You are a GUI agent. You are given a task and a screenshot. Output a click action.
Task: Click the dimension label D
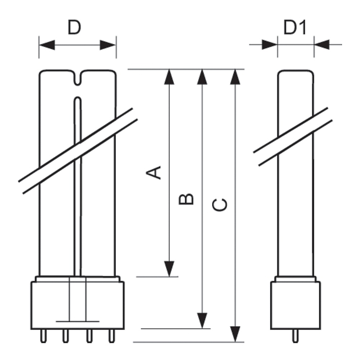(74, 28)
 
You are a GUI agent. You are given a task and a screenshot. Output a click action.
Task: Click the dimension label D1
(295, 28)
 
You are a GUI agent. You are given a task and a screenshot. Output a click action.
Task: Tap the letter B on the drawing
(186, 199)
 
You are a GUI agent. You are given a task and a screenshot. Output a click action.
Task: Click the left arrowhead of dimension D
(47, 45)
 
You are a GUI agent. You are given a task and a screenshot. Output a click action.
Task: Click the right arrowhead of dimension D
(108, 45)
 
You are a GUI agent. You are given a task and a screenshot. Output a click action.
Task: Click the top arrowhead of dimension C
(235, 76)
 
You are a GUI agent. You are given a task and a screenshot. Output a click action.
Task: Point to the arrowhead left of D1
(270, 45)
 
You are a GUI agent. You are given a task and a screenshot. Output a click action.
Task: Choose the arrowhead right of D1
(322, 45)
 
